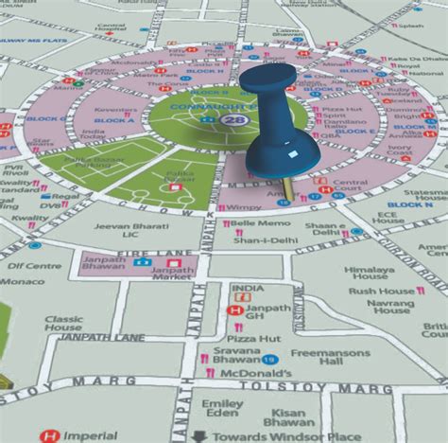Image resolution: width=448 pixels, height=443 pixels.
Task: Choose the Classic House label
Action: tap(63, 326)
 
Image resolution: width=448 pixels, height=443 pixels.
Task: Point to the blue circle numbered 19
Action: tap(272, 360)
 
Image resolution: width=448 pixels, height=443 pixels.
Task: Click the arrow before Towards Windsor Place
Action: tap(199, 436)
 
